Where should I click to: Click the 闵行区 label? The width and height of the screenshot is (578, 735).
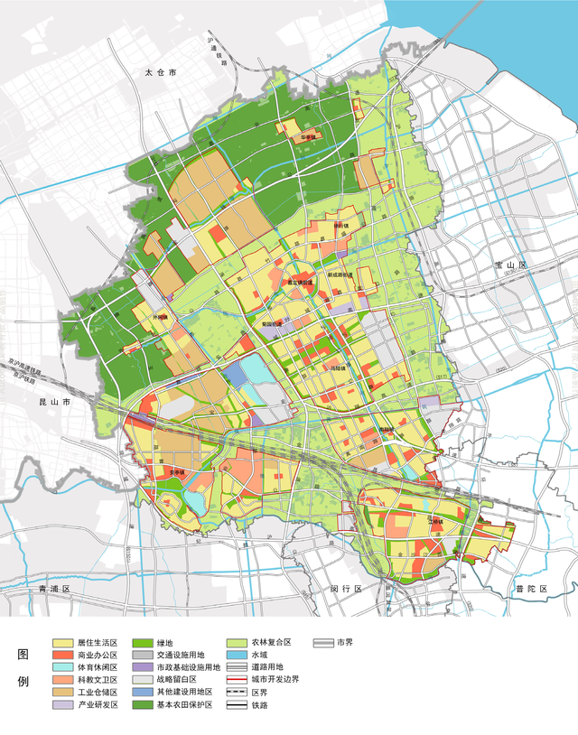pos(346,589)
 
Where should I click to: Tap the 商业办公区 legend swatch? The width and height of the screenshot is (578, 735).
pos(65,655)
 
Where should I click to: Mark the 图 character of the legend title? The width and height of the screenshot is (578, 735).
pos(23,655)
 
